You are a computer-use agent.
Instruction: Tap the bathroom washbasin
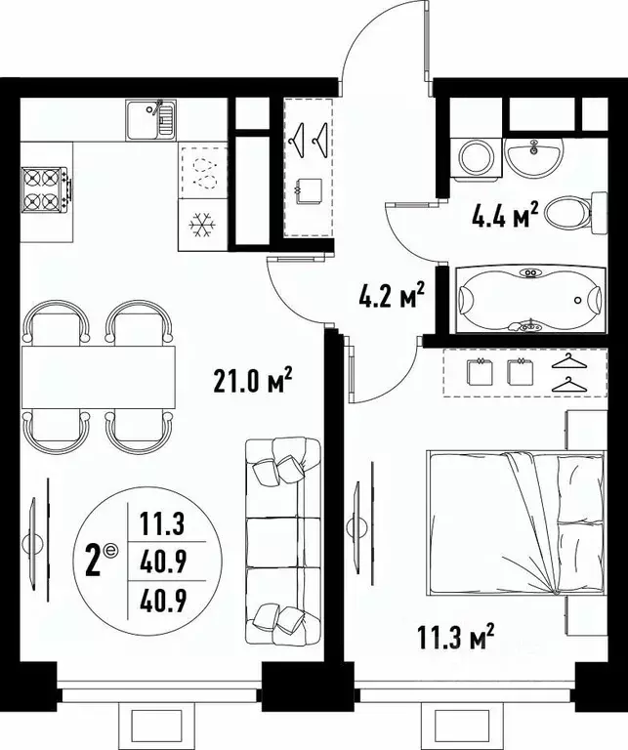point(534,154)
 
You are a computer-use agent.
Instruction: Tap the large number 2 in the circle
point(95,562)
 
